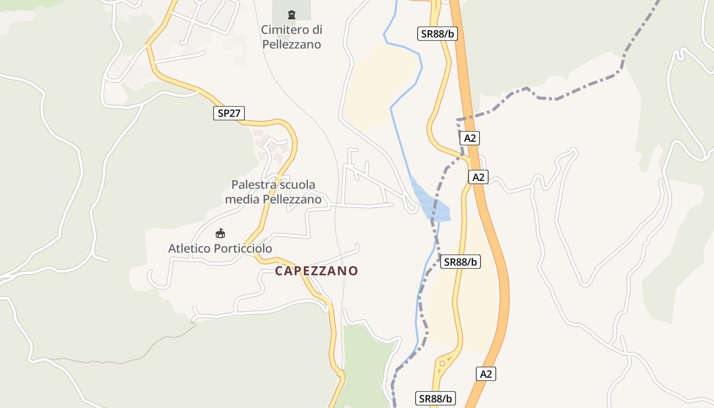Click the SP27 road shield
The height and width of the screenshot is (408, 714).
[229, 113]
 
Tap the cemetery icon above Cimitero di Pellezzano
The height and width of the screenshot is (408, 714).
[292, 14]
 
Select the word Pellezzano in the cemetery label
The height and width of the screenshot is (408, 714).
[292, 44]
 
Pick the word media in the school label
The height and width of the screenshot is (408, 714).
[242, 199]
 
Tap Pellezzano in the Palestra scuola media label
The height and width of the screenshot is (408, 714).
[292, 199]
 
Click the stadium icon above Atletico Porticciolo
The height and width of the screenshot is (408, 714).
[220, 234]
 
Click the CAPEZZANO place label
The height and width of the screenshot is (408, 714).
[317, 271]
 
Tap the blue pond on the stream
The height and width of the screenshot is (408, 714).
[431, 201]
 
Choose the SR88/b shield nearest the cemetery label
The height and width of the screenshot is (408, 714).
[437, 34]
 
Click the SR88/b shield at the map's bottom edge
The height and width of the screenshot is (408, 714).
[436, 398]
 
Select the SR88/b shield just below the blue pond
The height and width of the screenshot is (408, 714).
[461, 262]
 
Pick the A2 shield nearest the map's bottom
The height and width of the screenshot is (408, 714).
[487, 374]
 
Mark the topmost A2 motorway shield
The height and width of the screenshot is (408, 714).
[470, 138]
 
